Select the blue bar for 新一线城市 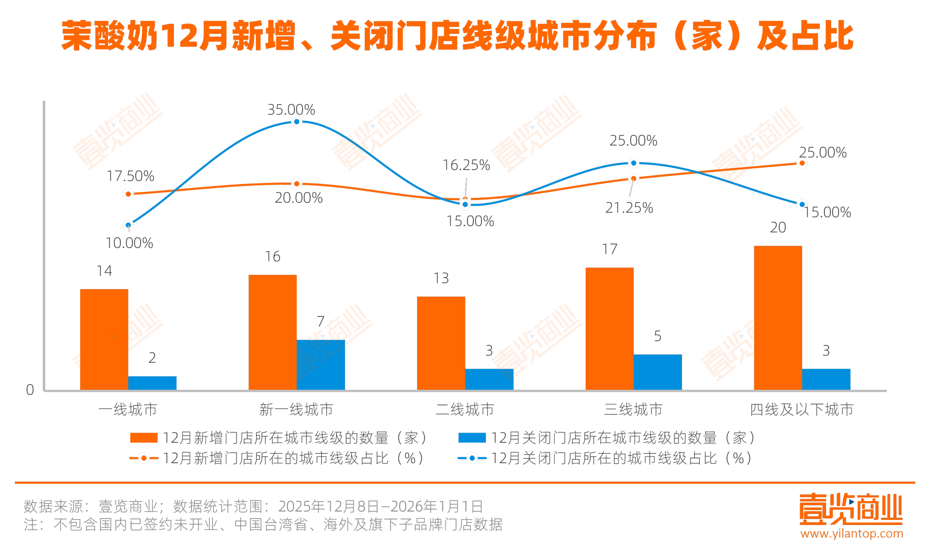(321, 365)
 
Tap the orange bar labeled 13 (441, 343)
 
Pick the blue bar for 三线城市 (658, 372)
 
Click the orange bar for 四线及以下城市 (778, 317)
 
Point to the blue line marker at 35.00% (297, 122)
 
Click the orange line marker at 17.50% (128, 194)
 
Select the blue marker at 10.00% (128, 225)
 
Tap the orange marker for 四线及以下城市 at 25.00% (802, 163)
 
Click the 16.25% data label (466, 165)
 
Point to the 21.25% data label (629, 208)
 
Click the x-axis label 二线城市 (465, 410)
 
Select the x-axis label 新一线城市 (296, 410)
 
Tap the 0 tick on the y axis (30, 390)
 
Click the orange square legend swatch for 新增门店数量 (144, 438)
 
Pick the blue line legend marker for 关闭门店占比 (472, 458)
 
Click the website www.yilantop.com (852, 534)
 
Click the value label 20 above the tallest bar (778, 227)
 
